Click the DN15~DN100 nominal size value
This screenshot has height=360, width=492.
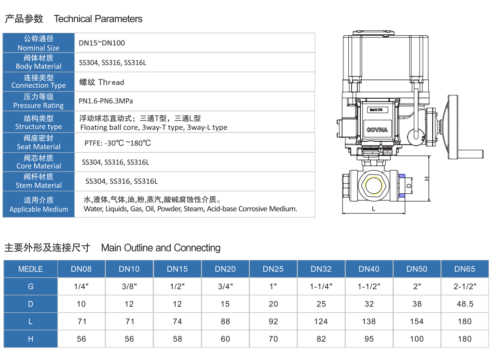pos(102,43)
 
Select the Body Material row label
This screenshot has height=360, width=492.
pos(39,62)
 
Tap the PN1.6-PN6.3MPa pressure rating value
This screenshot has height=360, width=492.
pos(106,101)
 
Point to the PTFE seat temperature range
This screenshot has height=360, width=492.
pos(118,143)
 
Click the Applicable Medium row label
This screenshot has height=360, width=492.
pos(39,204)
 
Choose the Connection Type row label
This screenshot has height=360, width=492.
pos(39,81)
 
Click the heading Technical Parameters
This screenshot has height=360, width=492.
pos(98,19)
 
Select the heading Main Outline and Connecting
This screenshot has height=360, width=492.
pos(161,248)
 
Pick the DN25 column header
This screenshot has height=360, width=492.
pos(273,269)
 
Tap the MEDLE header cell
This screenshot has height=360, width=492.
pos(30,269)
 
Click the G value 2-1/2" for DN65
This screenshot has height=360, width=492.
pos(465,286)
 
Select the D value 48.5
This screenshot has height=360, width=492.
pos(465,304)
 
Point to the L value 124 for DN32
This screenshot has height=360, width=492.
pos(321,321)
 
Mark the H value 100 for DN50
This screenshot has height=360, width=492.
pos(417,339)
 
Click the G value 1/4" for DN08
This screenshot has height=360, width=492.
pos(81,286)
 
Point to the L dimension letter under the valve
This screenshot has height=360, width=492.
pos(373,209)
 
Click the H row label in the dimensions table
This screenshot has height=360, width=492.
pos(30,339)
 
